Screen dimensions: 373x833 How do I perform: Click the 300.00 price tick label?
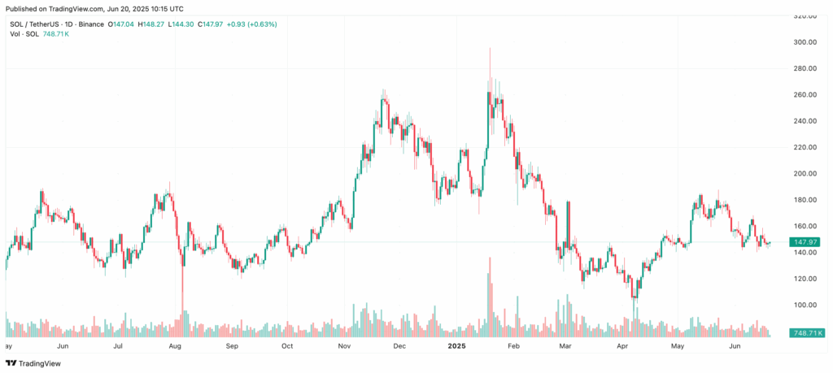point(805,42)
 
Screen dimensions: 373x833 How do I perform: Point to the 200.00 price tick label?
point(805,174)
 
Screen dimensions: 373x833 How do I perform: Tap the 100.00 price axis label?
point(805,305)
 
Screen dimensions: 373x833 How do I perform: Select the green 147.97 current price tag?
point(805,242)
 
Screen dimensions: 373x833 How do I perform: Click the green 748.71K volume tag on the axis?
point(807,333)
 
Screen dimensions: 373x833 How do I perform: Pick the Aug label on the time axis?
point(175,346)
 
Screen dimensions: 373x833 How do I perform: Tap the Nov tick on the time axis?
point(344,346)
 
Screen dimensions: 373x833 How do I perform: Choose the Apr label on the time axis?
point(624,346)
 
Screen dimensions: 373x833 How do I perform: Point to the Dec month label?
point(399,346)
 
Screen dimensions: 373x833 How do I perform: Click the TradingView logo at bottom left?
point(37,364)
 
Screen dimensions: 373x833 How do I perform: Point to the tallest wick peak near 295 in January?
point(490,49)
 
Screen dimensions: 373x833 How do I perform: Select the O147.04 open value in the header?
point(123,24)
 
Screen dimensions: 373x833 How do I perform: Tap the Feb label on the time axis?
point(512,346)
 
